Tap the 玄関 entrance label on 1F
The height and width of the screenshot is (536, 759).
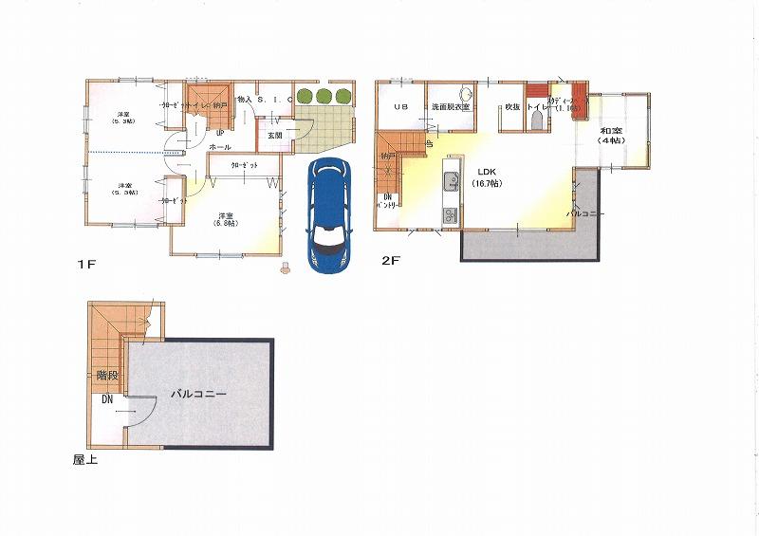coord(275,136)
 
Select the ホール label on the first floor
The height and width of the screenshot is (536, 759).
coord(220,148)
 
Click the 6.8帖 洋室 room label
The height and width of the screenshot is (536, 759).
coord(226,218)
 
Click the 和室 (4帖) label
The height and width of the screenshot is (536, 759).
coord(610,134)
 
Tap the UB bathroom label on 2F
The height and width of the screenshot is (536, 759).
coord(399,107)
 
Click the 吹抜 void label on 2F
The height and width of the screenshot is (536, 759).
coord(512,107)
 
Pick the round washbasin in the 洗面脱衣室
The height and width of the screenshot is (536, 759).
coord(466,96)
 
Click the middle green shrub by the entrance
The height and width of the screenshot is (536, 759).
coord(324,95)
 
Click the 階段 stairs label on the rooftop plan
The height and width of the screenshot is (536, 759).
coord(107,376)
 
